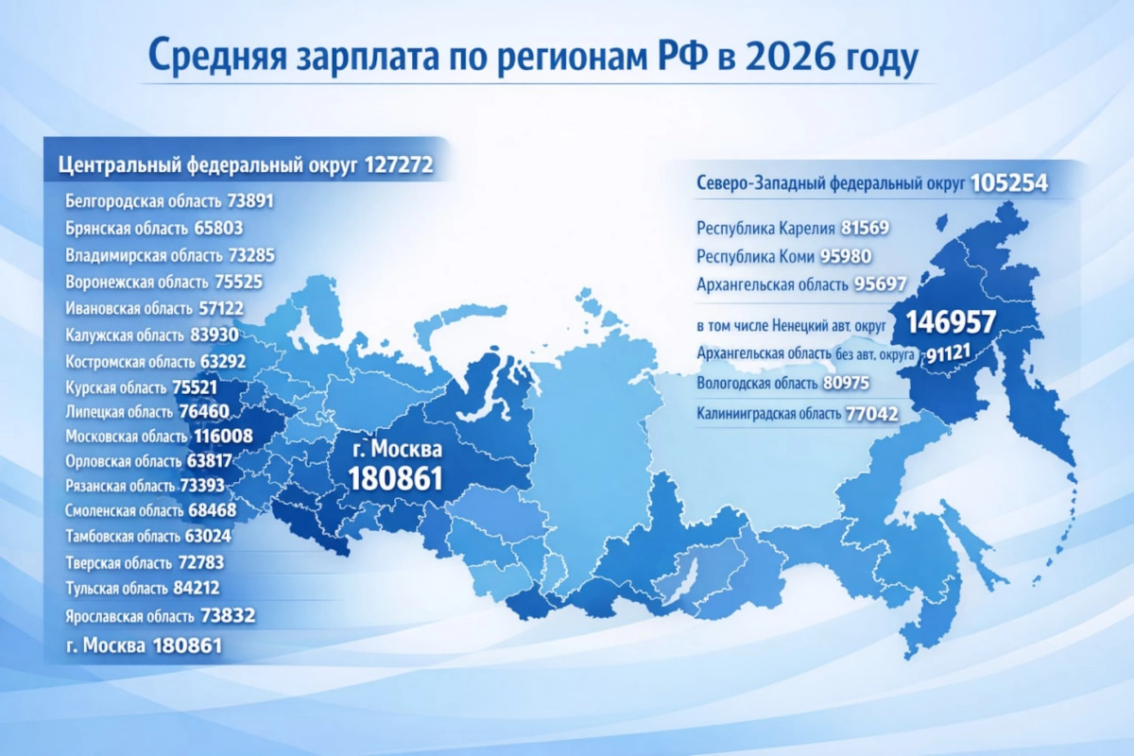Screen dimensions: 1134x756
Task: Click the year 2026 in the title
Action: coord(789,58)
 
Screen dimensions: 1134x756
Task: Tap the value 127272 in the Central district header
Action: coord(399,165)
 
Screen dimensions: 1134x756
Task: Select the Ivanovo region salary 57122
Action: coord(221,308)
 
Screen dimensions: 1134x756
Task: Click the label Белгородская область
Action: coord(144,201)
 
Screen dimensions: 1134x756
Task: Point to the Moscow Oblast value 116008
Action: coord(223,436)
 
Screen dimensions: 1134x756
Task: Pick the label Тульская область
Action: coord(116,589)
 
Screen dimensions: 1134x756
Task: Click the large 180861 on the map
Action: coord(395,478)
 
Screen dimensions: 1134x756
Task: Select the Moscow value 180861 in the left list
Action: coord(187,645)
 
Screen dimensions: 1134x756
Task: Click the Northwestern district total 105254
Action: coord(1009,182)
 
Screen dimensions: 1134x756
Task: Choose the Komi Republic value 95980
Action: coord(846,256)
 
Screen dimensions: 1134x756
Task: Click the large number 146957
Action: coord(951,322)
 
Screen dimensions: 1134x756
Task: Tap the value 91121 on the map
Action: coord(948,353)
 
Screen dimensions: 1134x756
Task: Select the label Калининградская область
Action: coord(768,414)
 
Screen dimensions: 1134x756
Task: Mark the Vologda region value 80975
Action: coord(846,383)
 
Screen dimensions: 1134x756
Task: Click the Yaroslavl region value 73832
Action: coord(228,616)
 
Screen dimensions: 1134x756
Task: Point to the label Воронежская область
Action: coord(137,282)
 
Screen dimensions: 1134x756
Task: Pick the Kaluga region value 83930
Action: coord(215,335)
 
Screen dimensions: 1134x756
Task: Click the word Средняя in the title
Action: coord(217,58)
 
